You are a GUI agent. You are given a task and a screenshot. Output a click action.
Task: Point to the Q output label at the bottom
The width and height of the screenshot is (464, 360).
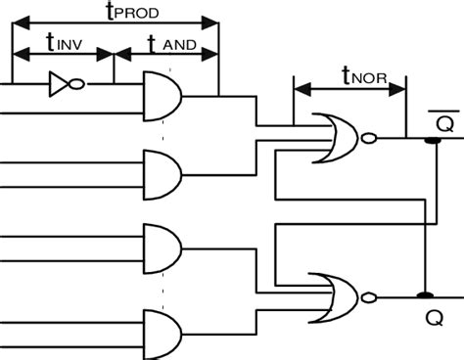click(x=432, y=318)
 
